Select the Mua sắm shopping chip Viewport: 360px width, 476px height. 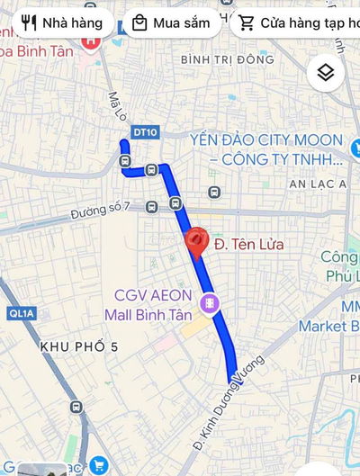point(171,22)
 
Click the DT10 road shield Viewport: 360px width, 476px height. point(144,131)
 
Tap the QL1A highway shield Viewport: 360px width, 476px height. point(18,313)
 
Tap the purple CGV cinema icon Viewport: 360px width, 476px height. point(209,304)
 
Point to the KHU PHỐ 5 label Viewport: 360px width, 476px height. point(79,346)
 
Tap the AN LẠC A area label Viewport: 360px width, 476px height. point(318,184)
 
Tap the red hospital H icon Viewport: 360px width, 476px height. point(90,40)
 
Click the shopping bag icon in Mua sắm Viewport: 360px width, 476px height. point(139,22)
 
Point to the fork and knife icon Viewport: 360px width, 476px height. point(29,22)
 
